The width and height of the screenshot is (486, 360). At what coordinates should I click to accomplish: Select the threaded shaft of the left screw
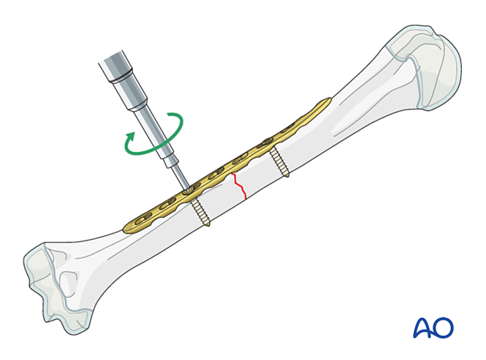[x=200, y=211]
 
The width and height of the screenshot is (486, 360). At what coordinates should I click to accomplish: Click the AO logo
[x=433, y=326]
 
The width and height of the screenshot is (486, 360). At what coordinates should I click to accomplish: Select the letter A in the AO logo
[x=423, y=326]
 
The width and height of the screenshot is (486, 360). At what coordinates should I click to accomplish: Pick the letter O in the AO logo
[x=444, y=327]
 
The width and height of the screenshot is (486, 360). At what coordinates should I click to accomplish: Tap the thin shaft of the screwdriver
[x=174, y=167]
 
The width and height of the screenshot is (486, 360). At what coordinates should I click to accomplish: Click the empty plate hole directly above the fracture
[x=235, y=161]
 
